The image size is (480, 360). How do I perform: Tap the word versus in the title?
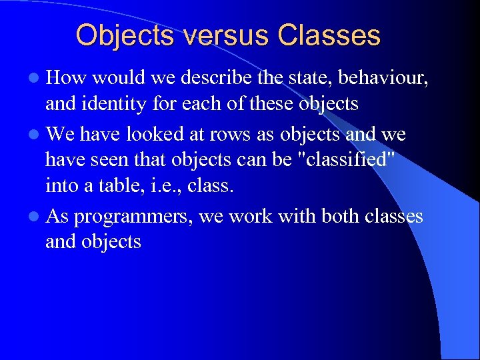click(x=207, y=35)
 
